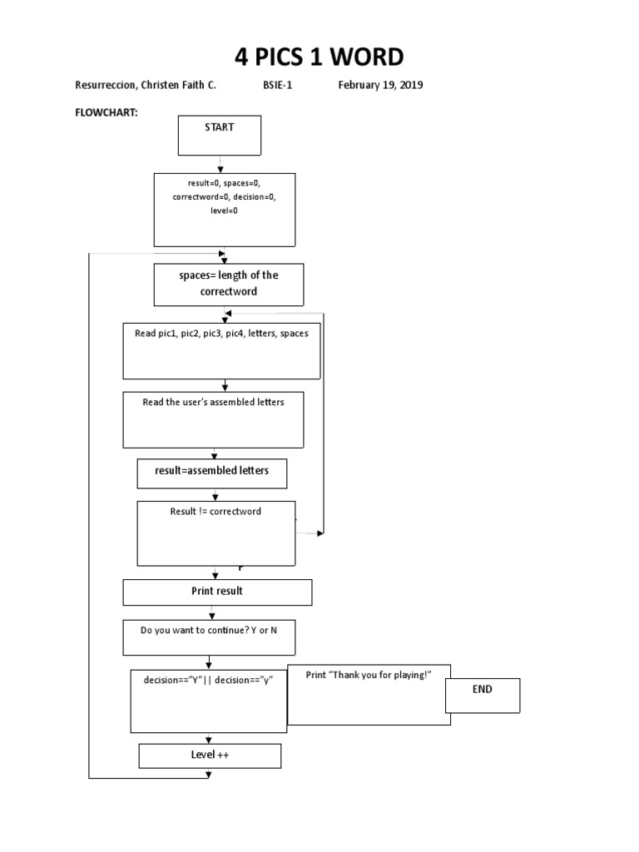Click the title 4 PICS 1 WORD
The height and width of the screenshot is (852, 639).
pos(319,57)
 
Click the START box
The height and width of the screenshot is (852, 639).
pos(220,136)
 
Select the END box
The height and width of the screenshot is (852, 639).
pos(482,696)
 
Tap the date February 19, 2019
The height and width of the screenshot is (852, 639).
pos(380,86)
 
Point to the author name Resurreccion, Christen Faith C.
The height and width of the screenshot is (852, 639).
pos(146,86)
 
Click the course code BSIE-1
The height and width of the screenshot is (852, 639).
pos(278,86)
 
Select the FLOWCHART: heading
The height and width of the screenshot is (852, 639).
pos(106,111)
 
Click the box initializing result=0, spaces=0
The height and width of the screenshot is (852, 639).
pos(224,210)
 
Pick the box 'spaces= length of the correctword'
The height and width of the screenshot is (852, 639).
pos(228,285)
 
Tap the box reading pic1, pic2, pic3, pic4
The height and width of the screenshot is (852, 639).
pos(221,350)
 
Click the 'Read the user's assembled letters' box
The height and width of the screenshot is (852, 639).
pos(213,419)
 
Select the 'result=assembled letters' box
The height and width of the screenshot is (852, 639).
pos(212,473)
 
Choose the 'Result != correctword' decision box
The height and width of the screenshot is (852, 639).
pos(215,533)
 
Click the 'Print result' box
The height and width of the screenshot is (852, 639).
pos(217,592)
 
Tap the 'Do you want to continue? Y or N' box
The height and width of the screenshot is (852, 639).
pos(209,638)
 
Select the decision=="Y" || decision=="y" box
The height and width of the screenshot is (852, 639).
pos(209,700)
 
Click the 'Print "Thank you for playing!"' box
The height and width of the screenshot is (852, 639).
pos(369,695)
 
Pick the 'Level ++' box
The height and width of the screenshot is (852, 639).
pos(210,755)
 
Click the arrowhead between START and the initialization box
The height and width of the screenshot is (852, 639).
pos(220,169)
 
